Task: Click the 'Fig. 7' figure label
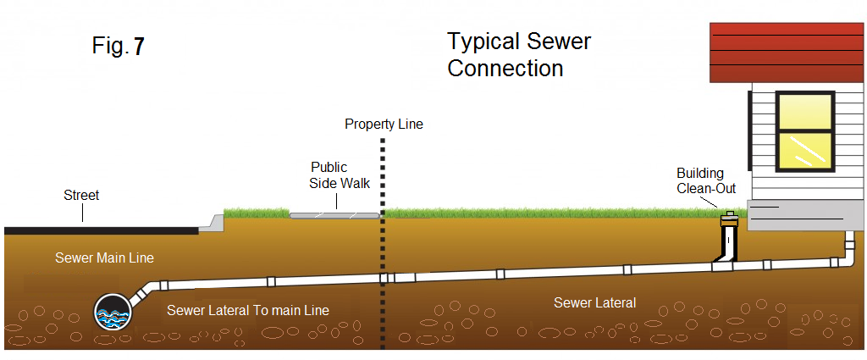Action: click(x=119, y=47)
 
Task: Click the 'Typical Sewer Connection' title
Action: click(x=518, y=55)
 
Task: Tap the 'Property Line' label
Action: click(x=384, y=125)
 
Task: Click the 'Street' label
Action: click(x=81, y=196)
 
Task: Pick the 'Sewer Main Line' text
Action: click(x=105, y=258)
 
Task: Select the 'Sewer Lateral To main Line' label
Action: click(x=248, y=311)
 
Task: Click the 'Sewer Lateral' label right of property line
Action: click(x=594, y=302)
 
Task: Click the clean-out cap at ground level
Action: click(x=728, y=220)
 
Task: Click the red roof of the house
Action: click(x=787, y=52)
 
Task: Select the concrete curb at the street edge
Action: click(x=214, y=222)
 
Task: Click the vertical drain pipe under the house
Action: click(x=848, y=247)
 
